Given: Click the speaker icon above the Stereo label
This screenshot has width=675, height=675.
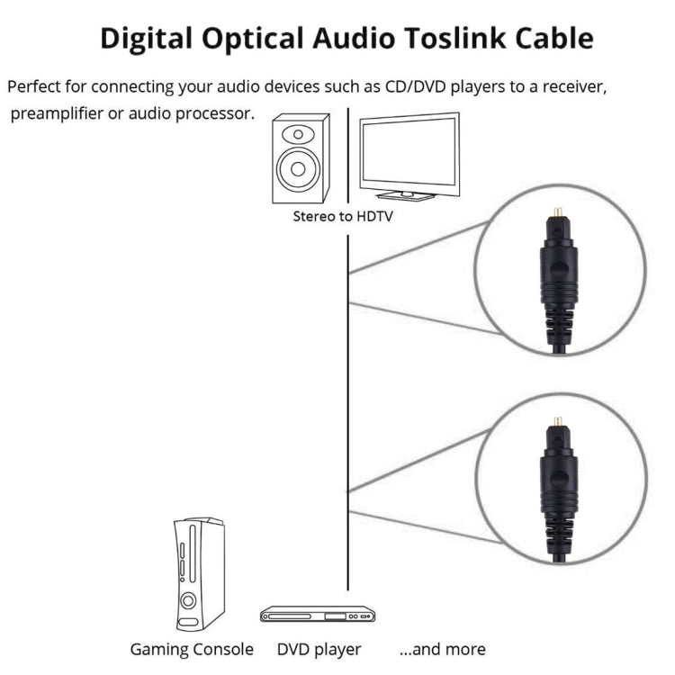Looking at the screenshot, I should coord(300,157).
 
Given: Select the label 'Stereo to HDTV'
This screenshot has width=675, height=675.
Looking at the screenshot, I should coord(343,217).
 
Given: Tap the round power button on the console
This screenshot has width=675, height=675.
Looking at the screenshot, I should coord(190,600).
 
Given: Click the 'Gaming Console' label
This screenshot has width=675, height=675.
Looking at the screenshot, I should coord(192,649).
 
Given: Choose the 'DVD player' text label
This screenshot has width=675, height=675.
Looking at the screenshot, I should coord(319,649).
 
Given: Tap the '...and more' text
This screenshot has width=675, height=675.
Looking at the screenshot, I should coord(442,649).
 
